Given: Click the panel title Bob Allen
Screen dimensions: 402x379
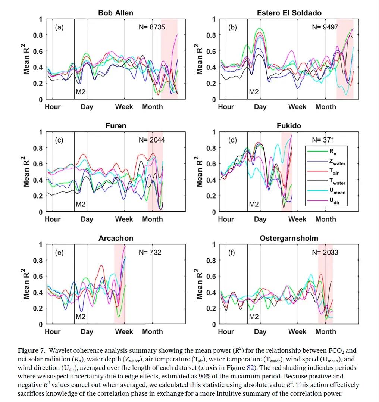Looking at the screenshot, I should pyautogui.click(x=115, y=13).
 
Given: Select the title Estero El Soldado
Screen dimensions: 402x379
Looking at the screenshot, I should pyautogui.click(x=289, y=13).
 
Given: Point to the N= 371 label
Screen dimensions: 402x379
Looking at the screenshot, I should pyautogui.click(x=323, y=140).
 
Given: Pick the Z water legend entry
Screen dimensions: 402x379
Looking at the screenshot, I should pyautogui.click(x=337, y=162).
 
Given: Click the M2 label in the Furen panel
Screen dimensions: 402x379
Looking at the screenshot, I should pyautogui.click(x=81, y=204).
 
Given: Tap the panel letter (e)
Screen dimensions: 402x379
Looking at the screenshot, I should pyautogui.click(x=59, y=253).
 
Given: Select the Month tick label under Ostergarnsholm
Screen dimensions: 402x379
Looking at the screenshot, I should pyautogui.click(x=326, y=331).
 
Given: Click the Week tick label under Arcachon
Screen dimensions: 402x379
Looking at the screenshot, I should pyautogui.click(x=124, y=331).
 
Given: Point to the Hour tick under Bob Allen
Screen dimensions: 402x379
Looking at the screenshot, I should pyautogui.click(x=53, y=107).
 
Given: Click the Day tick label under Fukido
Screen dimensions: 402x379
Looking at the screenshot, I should pyautogui.click(x=260, y=219).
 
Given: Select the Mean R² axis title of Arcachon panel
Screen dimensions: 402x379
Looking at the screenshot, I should pyautogui.click(x=27, y=284).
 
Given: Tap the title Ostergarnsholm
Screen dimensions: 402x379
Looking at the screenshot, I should pyautogui.click(x=289, y=238).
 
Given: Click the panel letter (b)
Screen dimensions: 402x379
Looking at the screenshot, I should pyautogui.click(x=232, y=27).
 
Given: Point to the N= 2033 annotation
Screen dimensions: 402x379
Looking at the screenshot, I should pyautogui.click(x=325, y=252).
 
